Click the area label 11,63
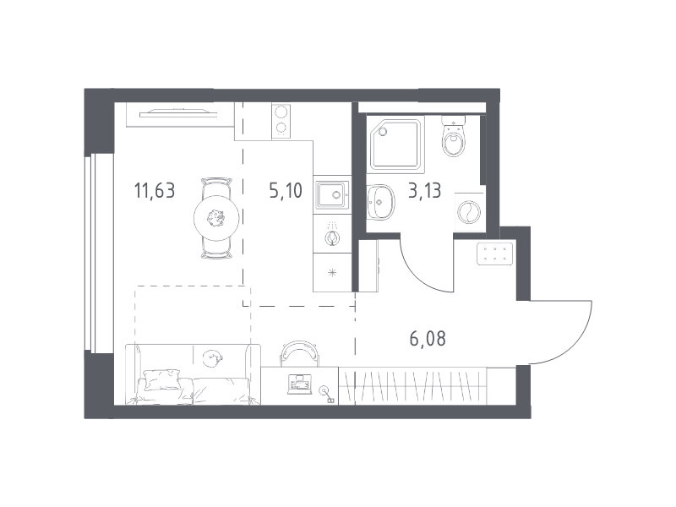155,191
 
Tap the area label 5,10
286,191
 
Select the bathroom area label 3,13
425,191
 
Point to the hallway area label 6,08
428,339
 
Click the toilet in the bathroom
454,136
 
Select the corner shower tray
395,144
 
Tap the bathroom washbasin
380,201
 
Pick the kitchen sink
331,194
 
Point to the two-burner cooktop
281,121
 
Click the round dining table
216,219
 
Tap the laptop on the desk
299,384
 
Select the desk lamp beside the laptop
325,394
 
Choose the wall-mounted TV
177,113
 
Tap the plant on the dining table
215,219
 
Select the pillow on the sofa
162,379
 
